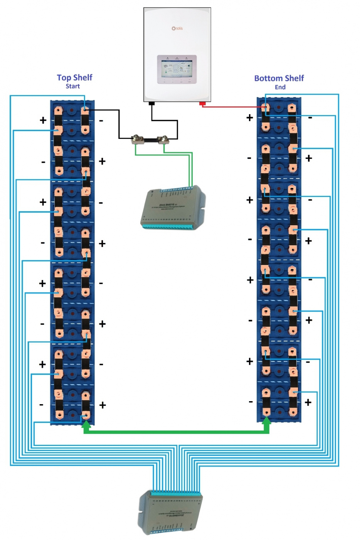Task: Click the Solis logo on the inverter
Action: [177, 29]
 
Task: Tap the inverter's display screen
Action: [177, 69]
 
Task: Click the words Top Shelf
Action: [74, 78]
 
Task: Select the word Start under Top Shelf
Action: [72, 86]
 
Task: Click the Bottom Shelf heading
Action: [279, 78]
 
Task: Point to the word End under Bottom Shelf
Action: [280, 87]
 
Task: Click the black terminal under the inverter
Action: [151, 103]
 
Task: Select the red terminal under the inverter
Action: [202, 103]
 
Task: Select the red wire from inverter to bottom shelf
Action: [231, 106]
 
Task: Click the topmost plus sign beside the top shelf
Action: [43, 120]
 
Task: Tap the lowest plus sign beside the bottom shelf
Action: [308, 403]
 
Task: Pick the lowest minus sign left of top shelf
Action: [41, 405]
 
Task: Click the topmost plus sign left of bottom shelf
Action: [250, 118]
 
